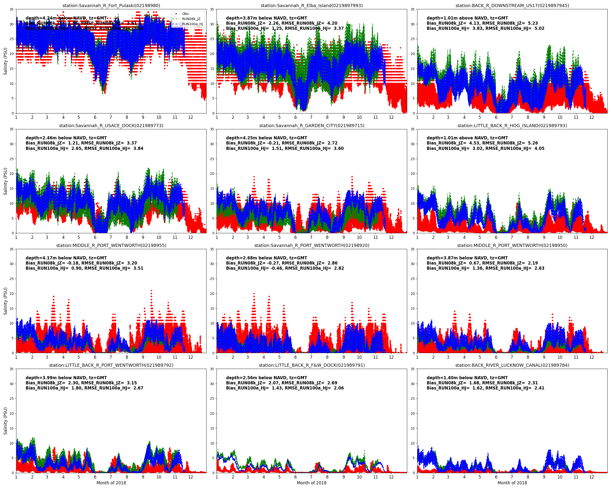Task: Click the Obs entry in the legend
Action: coord(185,14)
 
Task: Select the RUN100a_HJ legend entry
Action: coord(192,24)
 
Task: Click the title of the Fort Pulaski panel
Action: coord(111,5)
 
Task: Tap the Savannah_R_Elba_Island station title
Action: coord(311,5)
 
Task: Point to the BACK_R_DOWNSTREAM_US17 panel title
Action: coord(512,5)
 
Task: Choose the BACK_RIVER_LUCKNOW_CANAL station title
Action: coord(512,365)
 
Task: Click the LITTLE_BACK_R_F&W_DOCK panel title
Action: coord(311,365)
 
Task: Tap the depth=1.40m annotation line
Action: coord(467,378)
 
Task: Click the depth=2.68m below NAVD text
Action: coord(266,258)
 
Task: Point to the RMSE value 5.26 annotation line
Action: coord(482,143)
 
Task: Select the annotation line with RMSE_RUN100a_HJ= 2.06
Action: coord(284,388)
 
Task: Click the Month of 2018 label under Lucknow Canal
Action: coord(512,483)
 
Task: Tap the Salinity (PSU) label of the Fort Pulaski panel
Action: coord(5,61)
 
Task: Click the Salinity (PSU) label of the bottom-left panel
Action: coord(5,421)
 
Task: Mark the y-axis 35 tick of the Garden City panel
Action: coord(212,129)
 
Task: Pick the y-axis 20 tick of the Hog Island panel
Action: coord(413,174)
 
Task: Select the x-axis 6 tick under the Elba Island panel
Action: coord(295,117)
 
